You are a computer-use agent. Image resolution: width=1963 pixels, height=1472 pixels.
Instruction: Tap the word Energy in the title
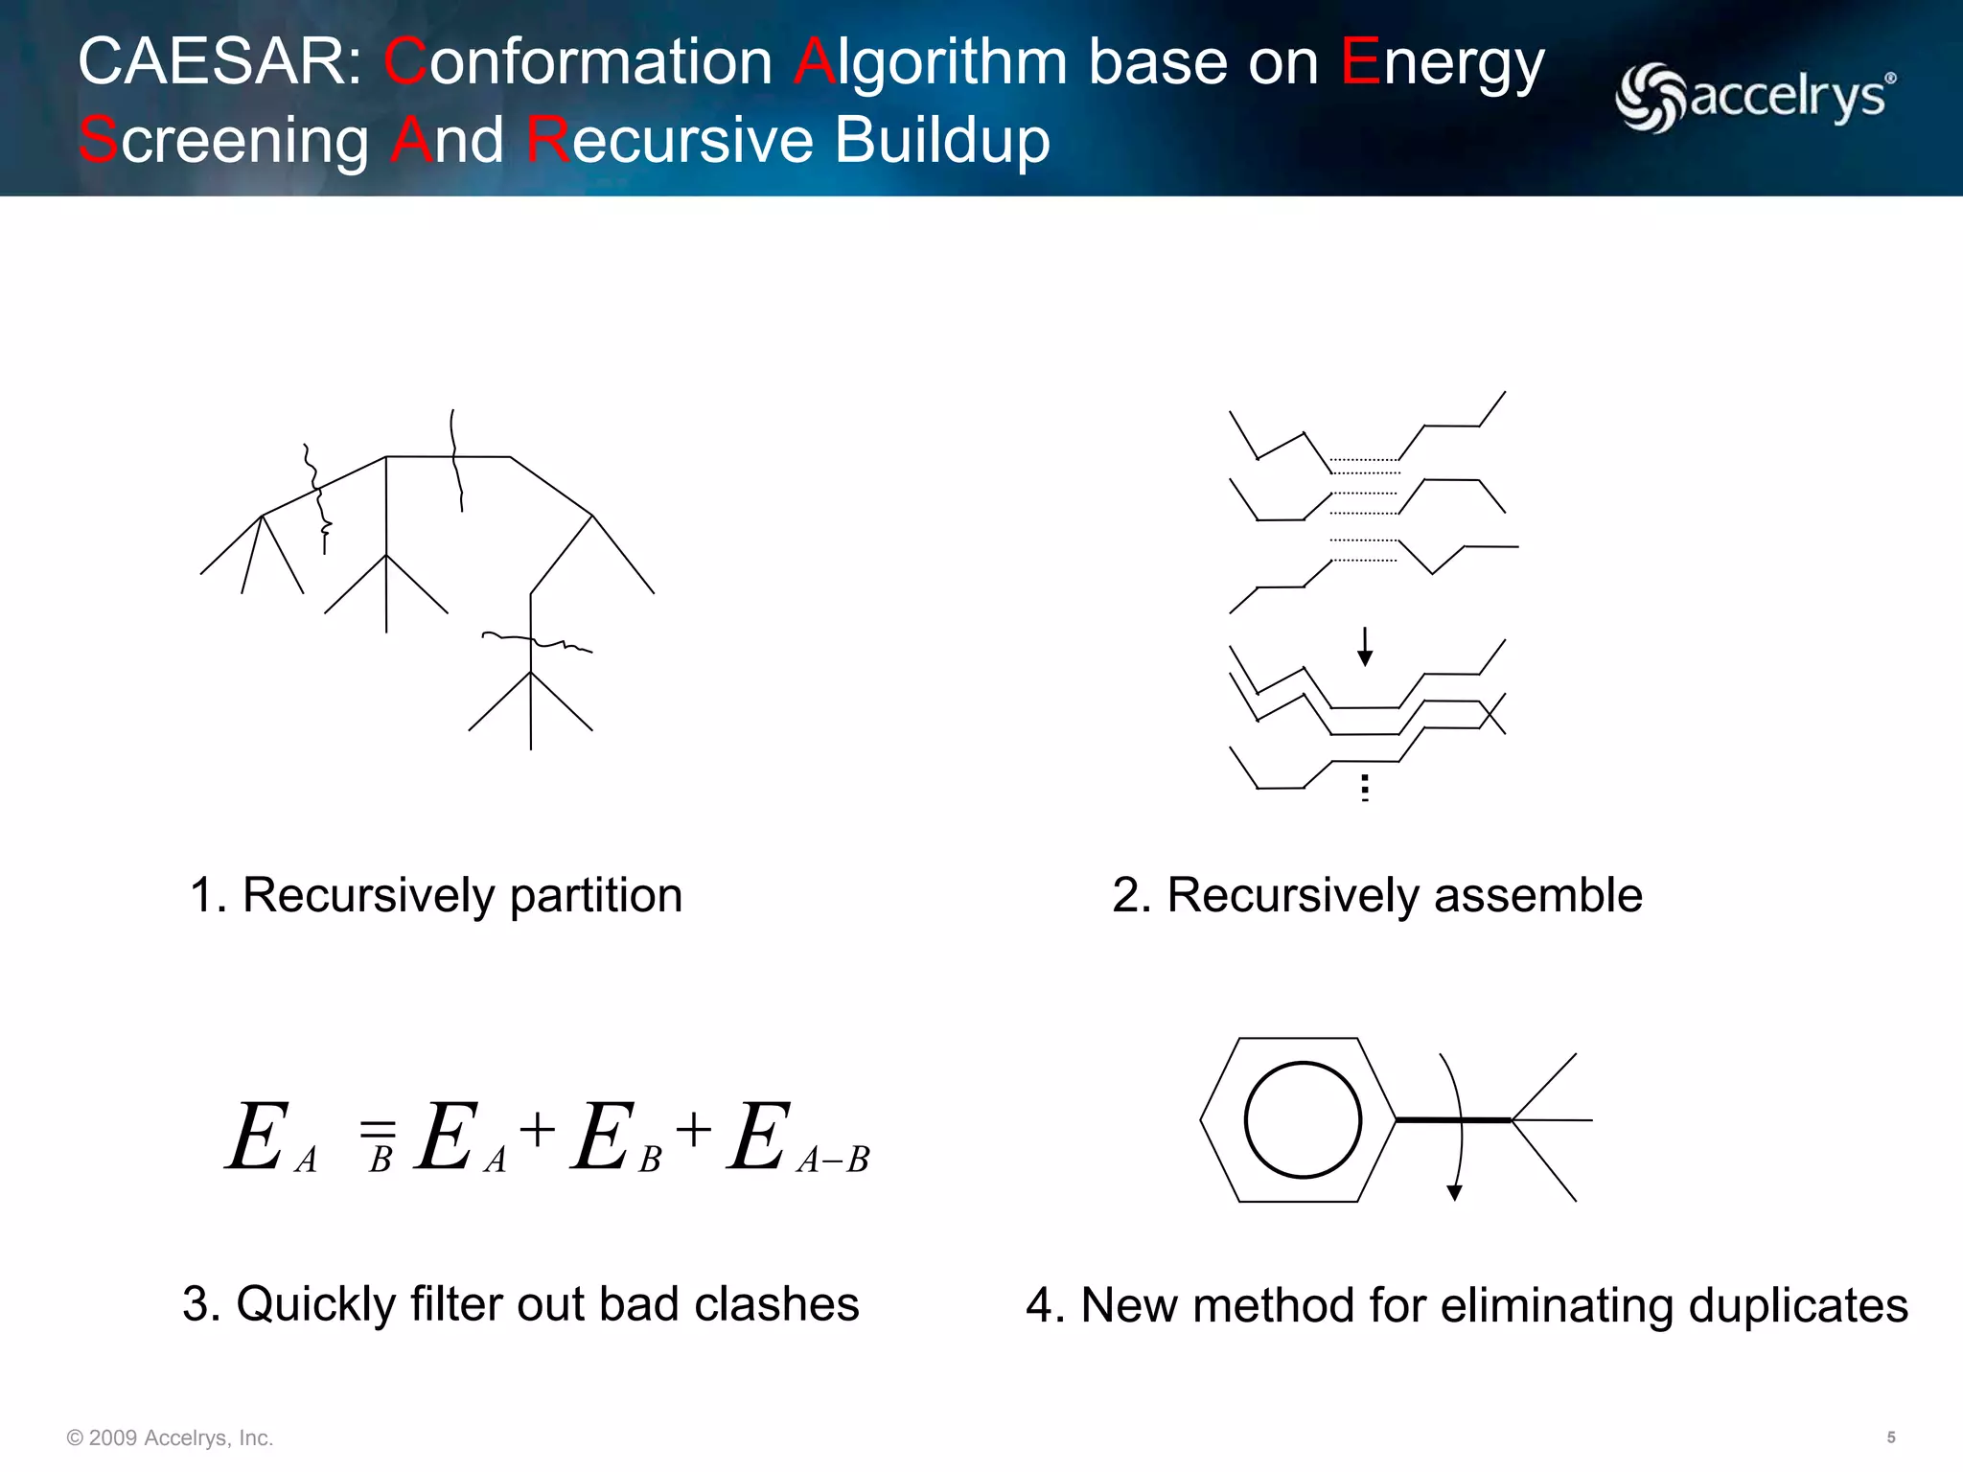pyautogui.click(x=1442, y=64)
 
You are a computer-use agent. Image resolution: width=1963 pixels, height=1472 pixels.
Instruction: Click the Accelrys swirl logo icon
pyautogui.click(x=1651, y=97)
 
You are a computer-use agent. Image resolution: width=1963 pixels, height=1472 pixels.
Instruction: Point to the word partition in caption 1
pyautogui.click(x=595, y=896)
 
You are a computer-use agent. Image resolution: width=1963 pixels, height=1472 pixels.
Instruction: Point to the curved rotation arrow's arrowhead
pyautogui.click(x=1454, y=1193)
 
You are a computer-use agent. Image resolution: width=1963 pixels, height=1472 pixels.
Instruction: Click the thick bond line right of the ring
pyautogui.click(x=1452, y=1119)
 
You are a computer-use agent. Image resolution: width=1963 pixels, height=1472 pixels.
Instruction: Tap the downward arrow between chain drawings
pyautogui.click(x=1365, y=648)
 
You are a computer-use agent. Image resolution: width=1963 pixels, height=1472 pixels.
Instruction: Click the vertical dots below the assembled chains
pyautogui.click(x=1365, y=788)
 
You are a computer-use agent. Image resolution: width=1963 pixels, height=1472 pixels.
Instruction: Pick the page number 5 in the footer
pyautogui.click(x=1890, y=1437)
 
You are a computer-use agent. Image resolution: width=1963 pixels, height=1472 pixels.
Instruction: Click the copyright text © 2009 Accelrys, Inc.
pyautogui.click(x=170, y=1437)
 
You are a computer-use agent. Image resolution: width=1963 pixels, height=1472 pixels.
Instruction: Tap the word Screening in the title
pyautogui.click(x=223, y=140)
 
